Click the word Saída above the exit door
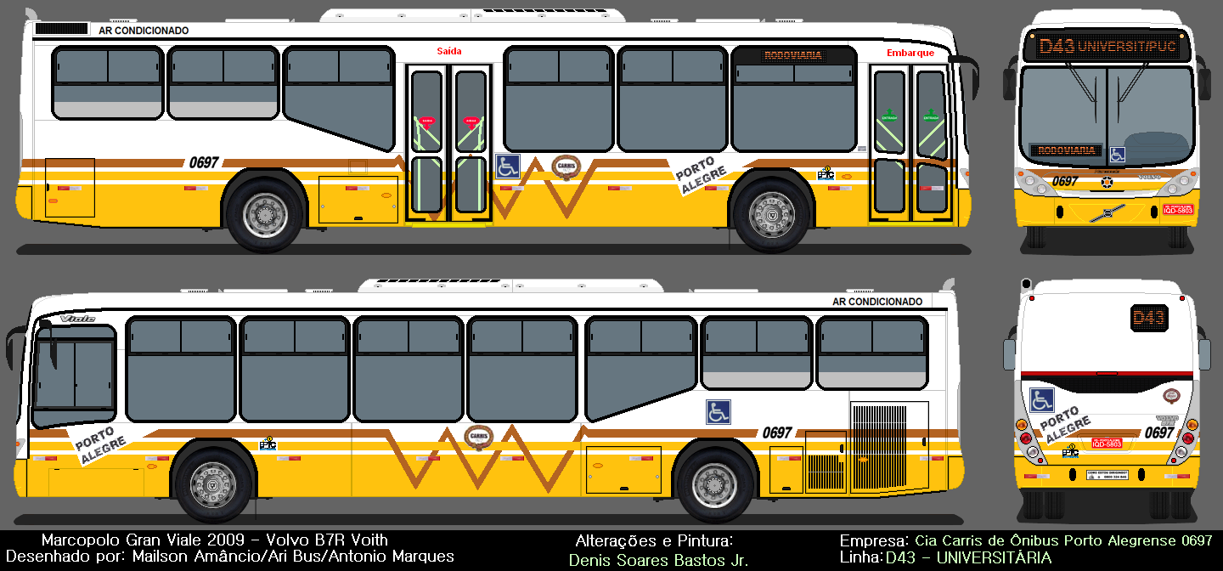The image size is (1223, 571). [x=449, y=51]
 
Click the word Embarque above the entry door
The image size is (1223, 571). [x=910, y=53]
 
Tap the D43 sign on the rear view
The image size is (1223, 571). [x=1148, y=319]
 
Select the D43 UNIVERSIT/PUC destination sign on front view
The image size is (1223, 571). [x=1107, y=47]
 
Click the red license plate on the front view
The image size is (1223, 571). [x=1177, y=209]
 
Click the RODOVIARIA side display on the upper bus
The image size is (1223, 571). [x=793, y=56]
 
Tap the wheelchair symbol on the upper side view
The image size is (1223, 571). [x=508, y=166]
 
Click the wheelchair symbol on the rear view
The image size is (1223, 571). [x=1041, y=399]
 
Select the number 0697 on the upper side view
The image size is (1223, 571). [x=204, y=162]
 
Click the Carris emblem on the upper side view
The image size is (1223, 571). [x=565, y=166]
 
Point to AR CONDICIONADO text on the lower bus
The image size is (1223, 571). [x=877, y=302]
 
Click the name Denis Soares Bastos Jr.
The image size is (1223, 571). [x=658, y=560]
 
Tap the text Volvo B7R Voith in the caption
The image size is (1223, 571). [x=327, y=540]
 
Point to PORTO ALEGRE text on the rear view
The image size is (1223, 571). [x=1063, y=425]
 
